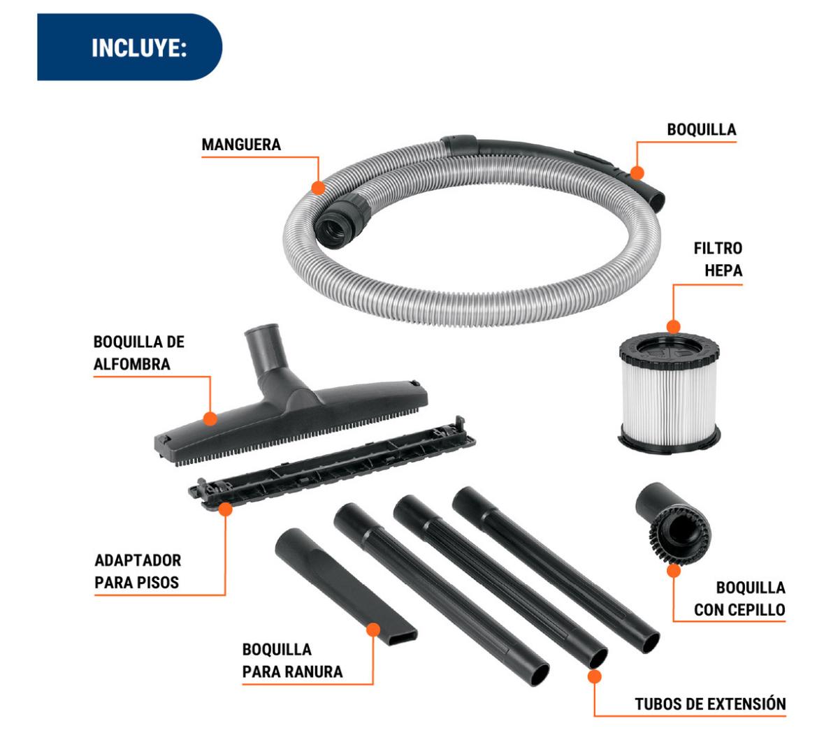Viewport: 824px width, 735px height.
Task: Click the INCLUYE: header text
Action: [139, 48]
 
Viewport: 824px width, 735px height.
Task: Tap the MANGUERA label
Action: [241, 145]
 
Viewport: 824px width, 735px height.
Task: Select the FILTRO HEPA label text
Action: [718, 259]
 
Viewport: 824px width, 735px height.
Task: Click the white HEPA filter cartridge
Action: [670, 393]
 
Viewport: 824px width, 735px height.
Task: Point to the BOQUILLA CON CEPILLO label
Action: [739, 598]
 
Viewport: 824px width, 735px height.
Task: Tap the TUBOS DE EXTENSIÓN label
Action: [710, 704]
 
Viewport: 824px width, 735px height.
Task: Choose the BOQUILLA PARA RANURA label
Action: [292, 660]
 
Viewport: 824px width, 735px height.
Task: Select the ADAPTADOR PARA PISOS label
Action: [138, 571]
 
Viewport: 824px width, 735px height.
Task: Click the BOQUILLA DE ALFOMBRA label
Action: [139, 353]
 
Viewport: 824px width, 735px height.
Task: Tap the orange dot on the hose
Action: [318, 187]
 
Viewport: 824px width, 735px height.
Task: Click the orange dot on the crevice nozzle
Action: [373, 630]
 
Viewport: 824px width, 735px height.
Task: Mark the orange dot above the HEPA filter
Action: [674, 327]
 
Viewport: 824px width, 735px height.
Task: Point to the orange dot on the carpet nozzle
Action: [210, 419]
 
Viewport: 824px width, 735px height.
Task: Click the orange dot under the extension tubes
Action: [594, 676]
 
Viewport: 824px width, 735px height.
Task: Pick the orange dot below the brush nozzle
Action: [674, 571]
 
